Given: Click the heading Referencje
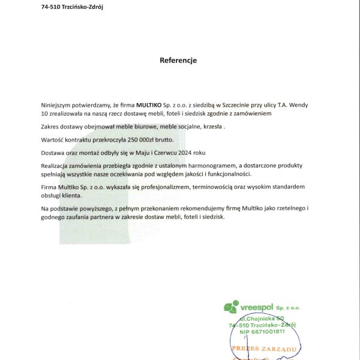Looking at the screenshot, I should tap(178, 61).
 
